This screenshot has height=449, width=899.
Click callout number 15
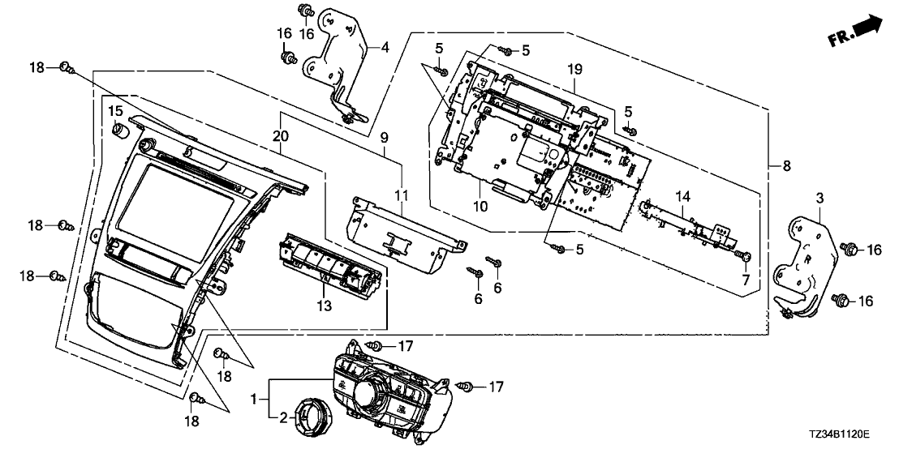click(x=115, y=110)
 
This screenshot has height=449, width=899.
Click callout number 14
click(x=683, y=195)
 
